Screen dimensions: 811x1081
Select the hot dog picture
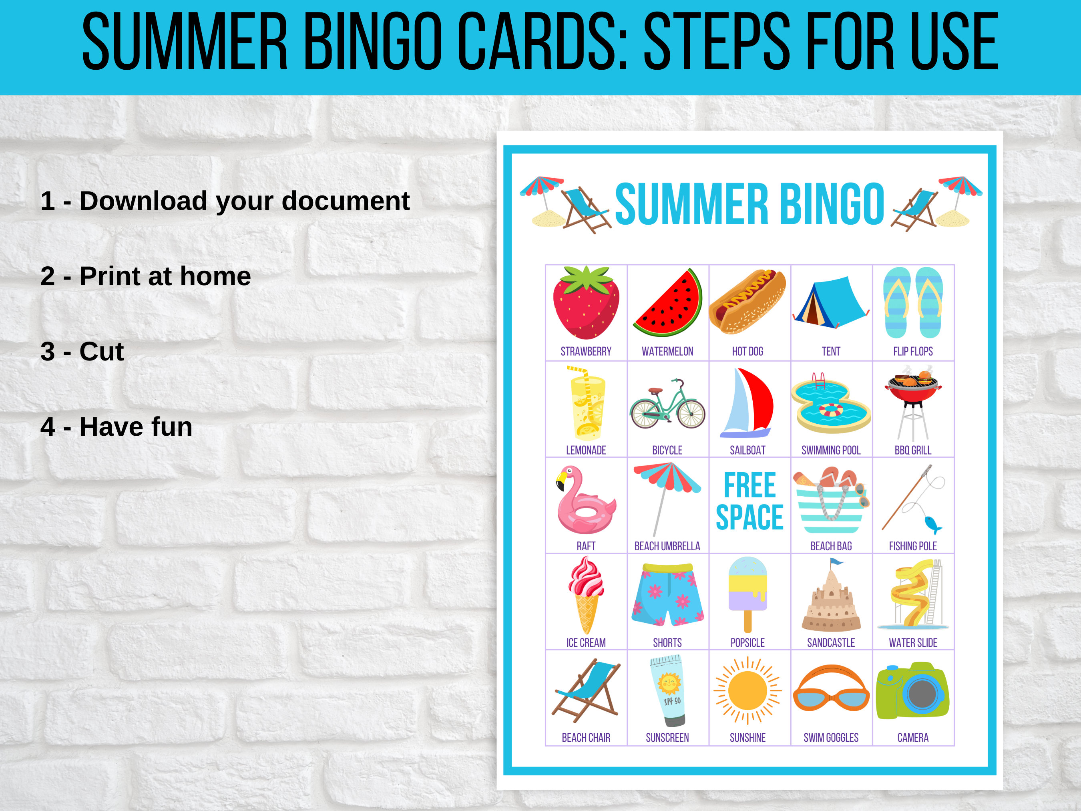click(x=747, y=302)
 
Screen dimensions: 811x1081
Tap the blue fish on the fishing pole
click(x=932, y=525)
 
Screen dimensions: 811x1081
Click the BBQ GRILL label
click(x=912, y=450)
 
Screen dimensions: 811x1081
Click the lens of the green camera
click(x=922, y=694)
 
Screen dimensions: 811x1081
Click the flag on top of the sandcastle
click(x=837, y=562)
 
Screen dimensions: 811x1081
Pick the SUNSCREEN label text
click(x=667, y=738)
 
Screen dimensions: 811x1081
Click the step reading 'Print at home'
click(x=146, y=276)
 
